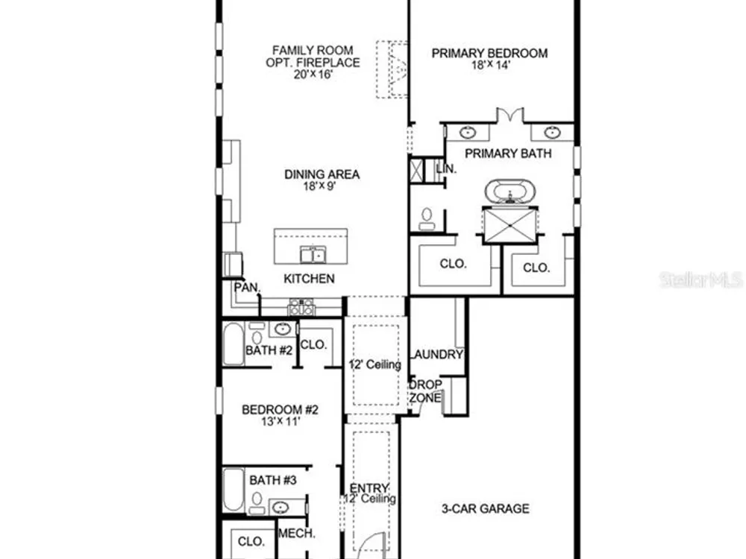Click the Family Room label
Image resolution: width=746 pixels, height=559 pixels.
click(313, 50)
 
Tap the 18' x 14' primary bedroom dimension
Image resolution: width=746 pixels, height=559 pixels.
click(491, 66)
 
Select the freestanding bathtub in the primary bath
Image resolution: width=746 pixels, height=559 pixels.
click(510, 192)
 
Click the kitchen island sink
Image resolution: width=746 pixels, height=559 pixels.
click(313, 255)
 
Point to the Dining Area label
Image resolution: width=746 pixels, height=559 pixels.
click(322, 174)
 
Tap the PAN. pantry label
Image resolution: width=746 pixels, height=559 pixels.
click(247, 288)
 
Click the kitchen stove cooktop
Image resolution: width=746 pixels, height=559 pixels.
click(301, 307)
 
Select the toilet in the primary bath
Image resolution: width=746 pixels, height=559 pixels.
click(427, 218)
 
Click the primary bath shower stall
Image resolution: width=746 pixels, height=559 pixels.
click(510, 225)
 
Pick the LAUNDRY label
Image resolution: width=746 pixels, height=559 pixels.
click(436, 355)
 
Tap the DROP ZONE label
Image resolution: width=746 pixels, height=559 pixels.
click(425, 391)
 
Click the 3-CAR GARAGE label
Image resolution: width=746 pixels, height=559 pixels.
click(486, 508)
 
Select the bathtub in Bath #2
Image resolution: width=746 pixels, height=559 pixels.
click(233, 344)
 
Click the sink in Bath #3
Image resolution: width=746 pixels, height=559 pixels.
click(280, 507)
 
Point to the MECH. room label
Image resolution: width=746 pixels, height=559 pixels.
click(296, 534)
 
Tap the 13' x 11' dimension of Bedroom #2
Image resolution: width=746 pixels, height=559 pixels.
click(280, 421)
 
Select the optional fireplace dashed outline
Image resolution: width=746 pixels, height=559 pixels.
click(392, 69)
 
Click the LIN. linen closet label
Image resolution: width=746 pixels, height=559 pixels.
click(446, 168)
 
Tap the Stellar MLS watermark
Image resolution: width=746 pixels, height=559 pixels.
click(701, 279)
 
